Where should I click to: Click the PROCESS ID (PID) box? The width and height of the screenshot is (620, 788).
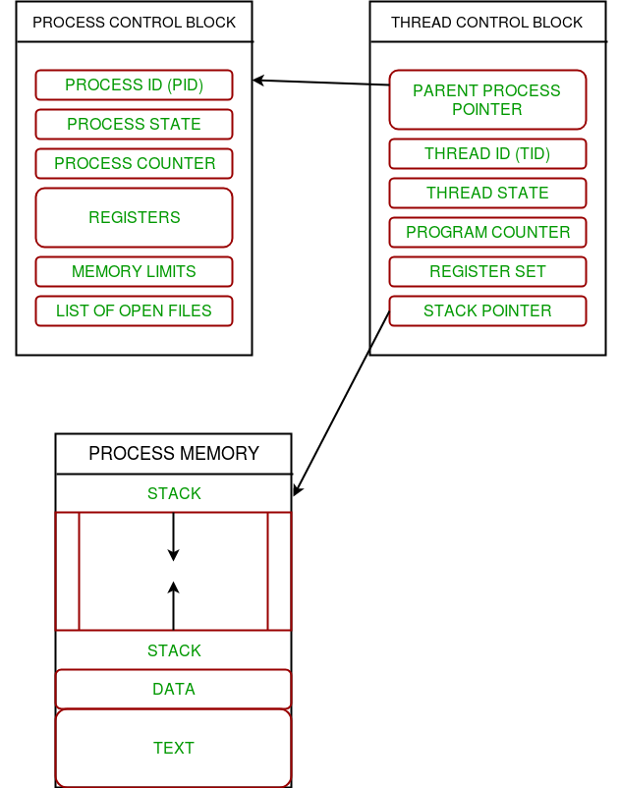pyautogui.click(x=135, y=84)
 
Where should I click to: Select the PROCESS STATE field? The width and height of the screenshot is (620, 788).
pyautogui.click(x=135, y=124)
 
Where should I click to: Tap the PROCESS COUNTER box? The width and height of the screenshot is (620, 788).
pyautogui.click(x=135, y=163)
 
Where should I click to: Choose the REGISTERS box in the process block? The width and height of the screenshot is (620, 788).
pyautogui.click(x=135, y=217)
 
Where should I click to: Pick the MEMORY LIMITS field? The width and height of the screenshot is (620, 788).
pyautogui.click(x=135, y=271)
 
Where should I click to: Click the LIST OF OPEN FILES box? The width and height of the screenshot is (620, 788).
pyautogui.click(x=135, y=311)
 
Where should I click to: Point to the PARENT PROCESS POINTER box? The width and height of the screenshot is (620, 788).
pyautogui.click(x=487, y=99)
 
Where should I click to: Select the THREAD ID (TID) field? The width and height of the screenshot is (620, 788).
pyautogui.click(x=487, y=154)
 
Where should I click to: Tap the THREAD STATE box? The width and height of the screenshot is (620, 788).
pyautogui.click(x=487, y=193)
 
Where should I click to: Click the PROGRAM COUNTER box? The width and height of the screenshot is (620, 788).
pyautogui.click(x=487, y=232)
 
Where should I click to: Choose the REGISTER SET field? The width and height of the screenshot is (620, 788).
pyautogui.click(x=487, y=271)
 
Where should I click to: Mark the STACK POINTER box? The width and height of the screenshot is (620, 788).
pyautogui.click(x=487, y=311)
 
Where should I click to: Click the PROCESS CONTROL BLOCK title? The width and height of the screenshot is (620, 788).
pyautogui.click(x=135, y=23)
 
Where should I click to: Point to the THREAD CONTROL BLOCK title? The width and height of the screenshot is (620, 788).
pyautogui.click(x=486, y=23)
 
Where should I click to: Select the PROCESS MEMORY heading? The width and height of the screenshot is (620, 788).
pyautogui.click(x=174, y=453)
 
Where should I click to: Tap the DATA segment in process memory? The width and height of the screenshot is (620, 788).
pyautogui.click(x=173, y=689)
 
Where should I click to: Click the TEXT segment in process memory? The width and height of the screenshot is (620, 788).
pyautogui.click(x=173, y=748)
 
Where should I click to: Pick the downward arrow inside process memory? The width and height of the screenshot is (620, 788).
pyautogui.click(x=173, y=536)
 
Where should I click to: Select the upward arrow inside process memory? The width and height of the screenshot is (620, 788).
pyautogui.click(x=173, y=605)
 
